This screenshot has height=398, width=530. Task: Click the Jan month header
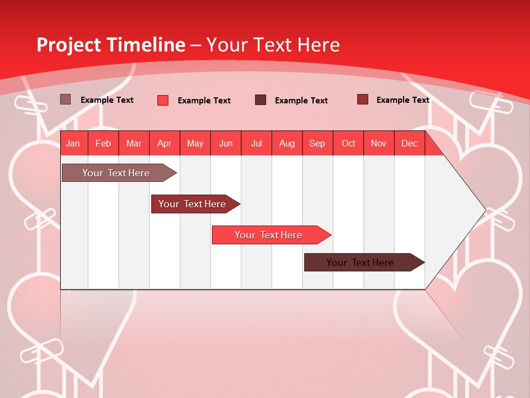(x=73, y=143)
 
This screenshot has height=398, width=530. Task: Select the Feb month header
(x=103, y=143)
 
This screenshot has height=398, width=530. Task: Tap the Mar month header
(x=134, y=143)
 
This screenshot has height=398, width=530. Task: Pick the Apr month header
(x=165, y=143)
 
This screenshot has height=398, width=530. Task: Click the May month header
(x=195, y=143)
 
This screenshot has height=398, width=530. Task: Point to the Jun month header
(x=226, y=143)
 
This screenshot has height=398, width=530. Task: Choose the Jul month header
(x=256, y=143)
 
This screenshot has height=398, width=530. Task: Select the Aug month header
(x=287, y=143)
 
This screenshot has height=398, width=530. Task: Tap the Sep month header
(x=317, y=143)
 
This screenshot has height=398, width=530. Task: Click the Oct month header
(x=348, y=143)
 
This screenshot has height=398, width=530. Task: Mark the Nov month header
(x=379, y=143)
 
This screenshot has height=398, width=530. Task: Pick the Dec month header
(x=409, y=143)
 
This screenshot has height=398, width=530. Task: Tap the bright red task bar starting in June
(x=269, y=235)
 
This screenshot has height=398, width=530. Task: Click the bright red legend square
(x=163, y=100)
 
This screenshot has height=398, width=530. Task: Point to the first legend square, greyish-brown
(x=65, y=99)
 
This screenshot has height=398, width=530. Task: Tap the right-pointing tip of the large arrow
(x=484, y=210)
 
